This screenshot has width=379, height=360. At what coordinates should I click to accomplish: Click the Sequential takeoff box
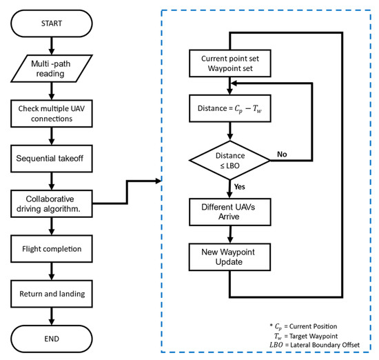point(51,158)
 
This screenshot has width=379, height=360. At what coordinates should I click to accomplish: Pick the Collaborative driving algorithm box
point(51,203)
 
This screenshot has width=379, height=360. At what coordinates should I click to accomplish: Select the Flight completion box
point(51,249)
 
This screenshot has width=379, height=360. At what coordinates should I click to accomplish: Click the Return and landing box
point(51,294)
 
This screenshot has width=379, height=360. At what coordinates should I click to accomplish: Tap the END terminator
point(51,339)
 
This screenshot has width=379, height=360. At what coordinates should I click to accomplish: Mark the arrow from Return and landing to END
point(51,316)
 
